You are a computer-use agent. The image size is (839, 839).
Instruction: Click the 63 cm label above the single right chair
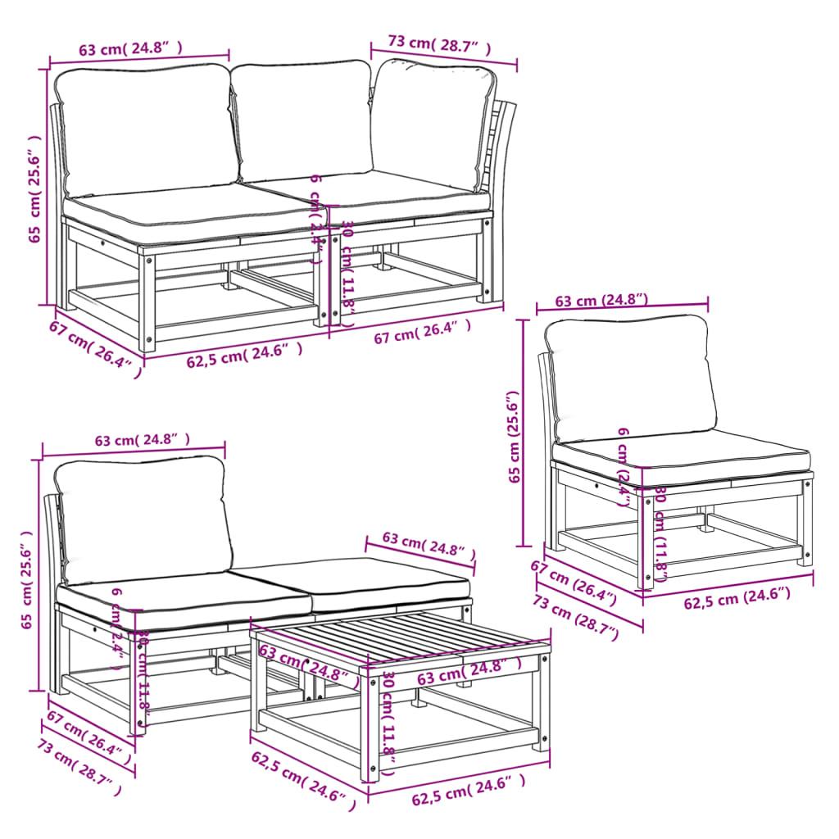click(x=601, y=301)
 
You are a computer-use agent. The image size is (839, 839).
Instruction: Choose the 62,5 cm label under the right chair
click(x=737, y=600)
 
